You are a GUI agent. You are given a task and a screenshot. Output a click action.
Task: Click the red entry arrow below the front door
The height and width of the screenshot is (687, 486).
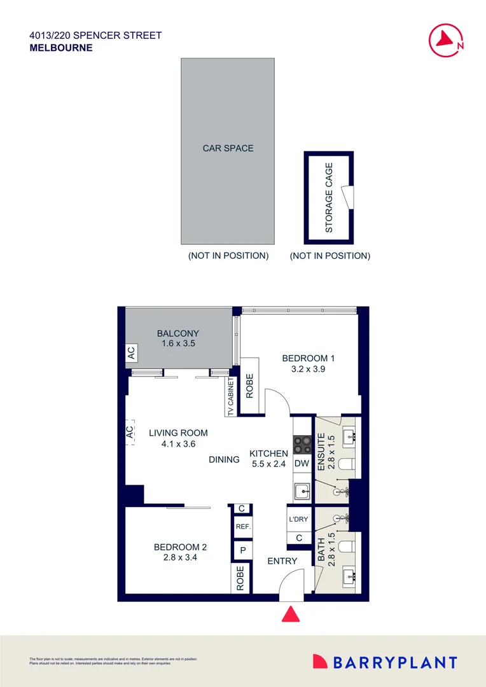coord(291,614)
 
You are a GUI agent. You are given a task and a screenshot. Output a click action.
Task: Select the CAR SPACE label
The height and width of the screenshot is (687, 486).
coord(228,148)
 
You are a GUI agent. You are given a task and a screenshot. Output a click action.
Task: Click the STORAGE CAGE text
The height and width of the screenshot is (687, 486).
coord(329,198)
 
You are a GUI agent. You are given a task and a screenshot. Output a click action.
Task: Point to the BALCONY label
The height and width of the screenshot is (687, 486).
coord(178,333)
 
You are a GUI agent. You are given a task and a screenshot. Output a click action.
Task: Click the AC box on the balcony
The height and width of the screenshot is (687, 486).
coord(131,354)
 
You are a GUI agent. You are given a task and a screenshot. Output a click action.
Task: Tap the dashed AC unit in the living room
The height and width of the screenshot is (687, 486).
coord(130,432)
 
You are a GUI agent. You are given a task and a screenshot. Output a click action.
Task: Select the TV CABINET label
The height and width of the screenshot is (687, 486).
coord(230,397)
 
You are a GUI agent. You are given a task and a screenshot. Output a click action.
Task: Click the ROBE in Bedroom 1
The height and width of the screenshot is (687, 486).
coord(249,386)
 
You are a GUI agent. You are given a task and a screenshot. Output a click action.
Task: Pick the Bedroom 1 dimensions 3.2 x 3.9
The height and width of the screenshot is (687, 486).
coord(309,369)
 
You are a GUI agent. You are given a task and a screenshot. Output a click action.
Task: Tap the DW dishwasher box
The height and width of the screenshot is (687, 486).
coord(302,464)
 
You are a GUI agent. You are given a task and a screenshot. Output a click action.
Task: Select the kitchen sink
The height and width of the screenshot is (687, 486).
coord(302,491)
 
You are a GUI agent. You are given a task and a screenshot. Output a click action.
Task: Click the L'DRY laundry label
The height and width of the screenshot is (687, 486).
coord(298,519)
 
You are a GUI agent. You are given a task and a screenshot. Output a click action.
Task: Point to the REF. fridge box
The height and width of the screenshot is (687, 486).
coord(242,527)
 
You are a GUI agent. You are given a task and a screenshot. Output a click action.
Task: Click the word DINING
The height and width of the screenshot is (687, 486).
coord(224,459)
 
